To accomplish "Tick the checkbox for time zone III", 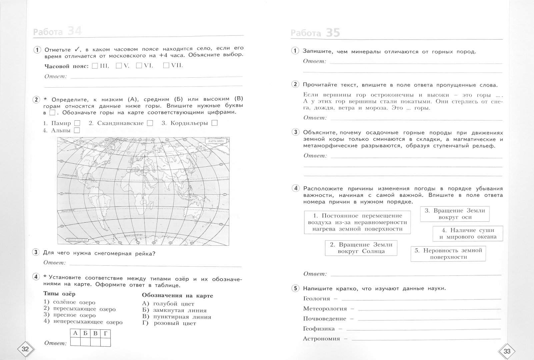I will (95, 66).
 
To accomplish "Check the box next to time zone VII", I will (166, 66).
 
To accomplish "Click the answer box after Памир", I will (77, 123).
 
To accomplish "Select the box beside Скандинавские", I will (150, 123).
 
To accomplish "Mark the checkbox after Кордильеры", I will (214, 123).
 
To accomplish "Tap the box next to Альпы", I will (77, 130).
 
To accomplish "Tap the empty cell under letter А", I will (75, 342).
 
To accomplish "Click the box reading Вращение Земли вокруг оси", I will (455, 214).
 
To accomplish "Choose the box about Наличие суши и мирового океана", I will (468, 234).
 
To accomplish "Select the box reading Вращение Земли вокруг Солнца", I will (361, 248).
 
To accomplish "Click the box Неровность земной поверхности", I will (448, 254).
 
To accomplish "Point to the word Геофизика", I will (319, 329).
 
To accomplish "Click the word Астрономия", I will (321, 339).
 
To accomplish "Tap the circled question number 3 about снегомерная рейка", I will (36, 252).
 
